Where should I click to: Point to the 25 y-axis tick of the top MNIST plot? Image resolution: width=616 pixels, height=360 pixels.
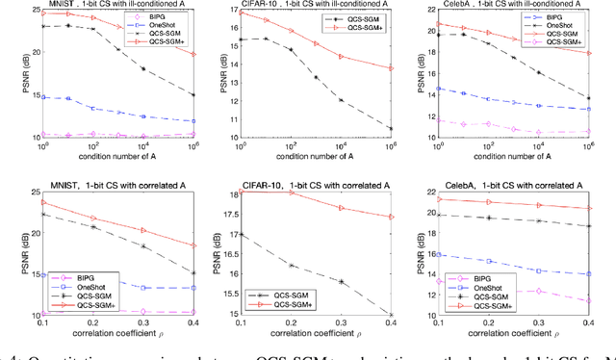[28, 11]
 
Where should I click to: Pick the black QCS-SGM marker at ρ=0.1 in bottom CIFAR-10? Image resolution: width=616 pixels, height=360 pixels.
[240, 234]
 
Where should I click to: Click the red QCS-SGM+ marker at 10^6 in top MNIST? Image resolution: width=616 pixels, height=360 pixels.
[193, 54]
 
